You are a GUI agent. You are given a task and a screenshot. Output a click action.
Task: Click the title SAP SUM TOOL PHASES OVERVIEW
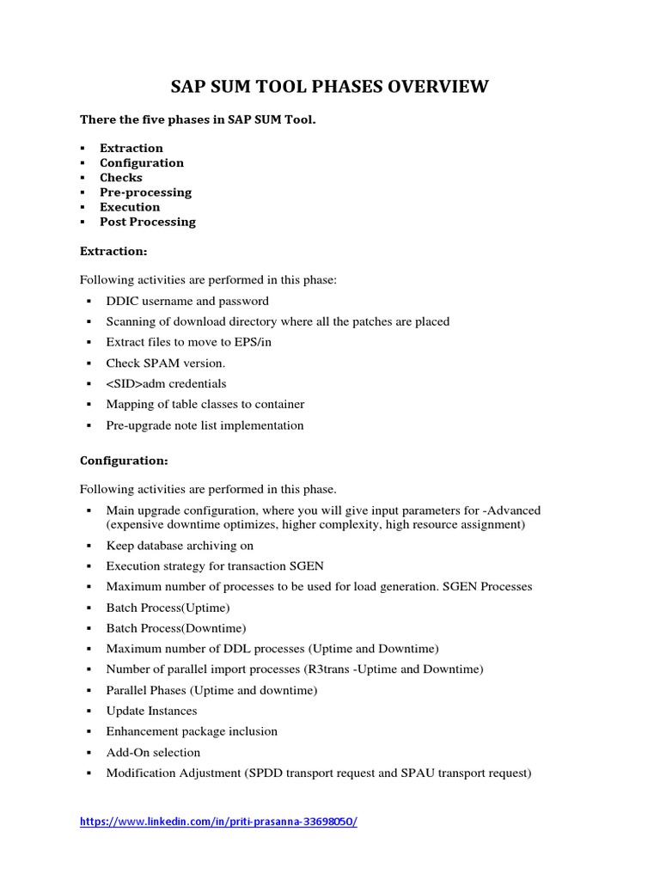pyautogui.click(x=330, y=86)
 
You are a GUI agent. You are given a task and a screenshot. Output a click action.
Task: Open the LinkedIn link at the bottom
pyautogui.click(x=218, y=821)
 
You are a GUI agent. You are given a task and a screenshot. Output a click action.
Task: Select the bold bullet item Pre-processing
pyautogui.click(x=145, y=192)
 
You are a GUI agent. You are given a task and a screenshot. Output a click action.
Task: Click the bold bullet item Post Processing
pyautogui.click(x=147, y=221)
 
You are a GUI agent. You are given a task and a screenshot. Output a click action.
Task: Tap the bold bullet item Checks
pyautogui.click(x=120, y=177)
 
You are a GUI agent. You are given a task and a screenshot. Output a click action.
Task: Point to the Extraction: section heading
pyautogui.click(x=113, y=251)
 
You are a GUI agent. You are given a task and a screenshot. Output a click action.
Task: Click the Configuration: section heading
pyautogui.click(x=124, y=460)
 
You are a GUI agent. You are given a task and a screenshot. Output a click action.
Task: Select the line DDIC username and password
pyautogui.click(x=186, y=301)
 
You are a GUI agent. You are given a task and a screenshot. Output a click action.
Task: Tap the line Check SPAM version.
pyautogui.click(x=165, y=363)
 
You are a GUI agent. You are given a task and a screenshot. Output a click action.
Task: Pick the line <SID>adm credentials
pyautogui.click(x=166, y=383)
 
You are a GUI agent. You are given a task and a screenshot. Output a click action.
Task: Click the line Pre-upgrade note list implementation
pyautogui.click(x=205, y=425)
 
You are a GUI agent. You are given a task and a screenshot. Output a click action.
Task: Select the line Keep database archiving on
pyautogui.click(x=180, y=545)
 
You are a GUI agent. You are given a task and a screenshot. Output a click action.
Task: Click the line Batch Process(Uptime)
pyautogui.click(x=168, y=607)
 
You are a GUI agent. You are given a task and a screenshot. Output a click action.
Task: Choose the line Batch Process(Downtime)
pyautogui.click(x=175, y=627)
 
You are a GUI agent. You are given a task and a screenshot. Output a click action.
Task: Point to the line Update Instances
pyautogui.click(x=151, y=711)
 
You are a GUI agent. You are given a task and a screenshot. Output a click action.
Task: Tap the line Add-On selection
pyautogui.click(x=153, y=752)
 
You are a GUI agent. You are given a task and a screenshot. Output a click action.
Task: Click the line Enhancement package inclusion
pyautogui.click(x=192, y=731)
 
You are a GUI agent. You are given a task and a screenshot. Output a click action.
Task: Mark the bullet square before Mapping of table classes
pyautogui.click(x=89, y=405)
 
